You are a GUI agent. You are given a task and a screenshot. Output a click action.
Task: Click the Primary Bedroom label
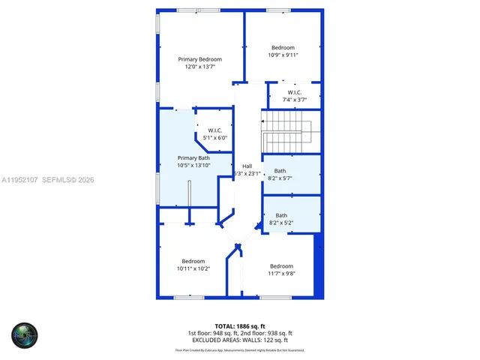coord(199,58)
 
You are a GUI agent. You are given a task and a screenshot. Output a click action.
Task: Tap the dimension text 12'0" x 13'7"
coord(199,67)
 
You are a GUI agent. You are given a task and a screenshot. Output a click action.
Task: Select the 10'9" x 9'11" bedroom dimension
coord(283,55)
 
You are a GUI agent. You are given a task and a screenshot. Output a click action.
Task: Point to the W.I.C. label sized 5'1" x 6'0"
coord(214,130)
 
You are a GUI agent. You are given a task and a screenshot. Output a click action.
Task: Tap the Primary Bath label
coord(193,157)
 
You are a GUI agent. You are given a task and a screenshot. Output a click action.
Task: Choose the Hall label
coord(247,166)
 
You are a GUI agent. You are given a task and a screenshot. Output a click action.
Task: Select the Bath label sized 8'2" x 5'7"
coord(280,171)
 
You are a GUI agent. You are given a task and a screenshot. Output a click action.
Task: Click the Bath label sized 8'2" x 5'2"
coord(280,215)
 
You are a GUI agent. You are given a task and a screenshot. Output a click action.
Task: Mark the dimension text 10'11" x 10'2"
coord(193,268)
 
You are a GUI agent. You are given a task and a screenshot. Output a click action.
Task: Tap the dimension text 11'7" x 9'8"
coord(281,273)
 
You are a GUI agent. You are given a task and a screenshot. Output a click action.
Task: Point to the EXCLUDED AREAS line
coord(240,340)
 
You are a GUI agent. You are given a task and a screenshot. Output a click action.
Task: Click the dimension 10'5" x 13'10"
coord(193,165)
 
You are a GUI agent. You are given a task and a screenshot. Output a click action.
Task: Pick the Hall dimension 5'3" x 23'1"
coord(247,173)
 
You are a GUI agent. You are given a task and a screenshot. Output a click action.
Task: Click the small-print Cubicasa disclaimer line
coord(240,349)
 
